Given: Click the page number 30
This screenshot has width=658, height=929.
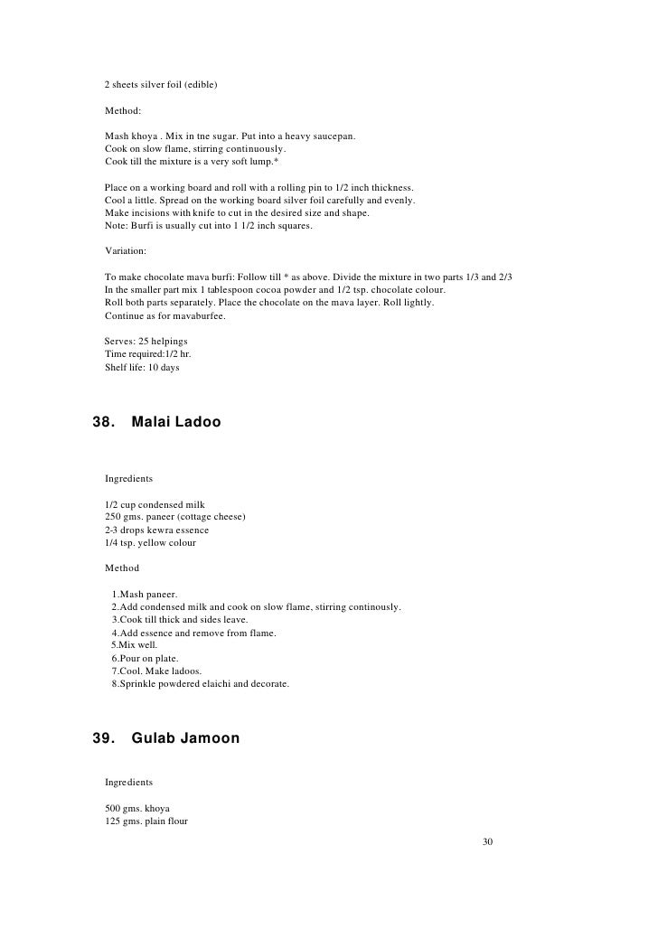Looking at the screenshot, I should point(488,841).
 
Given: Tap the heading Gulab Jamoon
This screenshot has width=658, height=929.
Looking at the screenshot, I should point(185,738).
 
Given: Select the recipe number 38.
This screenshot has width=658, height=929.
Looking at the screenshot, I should point(105,422).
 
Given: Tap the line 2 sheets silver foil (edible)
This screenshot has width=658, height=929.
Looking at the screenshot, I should point(161,85).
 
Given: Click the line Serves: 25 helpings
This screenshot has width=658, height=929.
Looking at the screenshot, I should point(146,342).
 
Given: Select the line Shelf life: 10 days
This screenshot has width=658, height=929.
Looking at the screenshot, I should point(142,367).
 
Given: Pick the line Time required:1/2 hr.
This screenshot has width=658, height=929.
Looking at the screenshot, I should point(148,354).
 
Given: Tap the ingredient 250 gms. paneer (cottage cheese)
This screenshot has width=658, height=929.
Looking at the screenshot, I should point(175,516).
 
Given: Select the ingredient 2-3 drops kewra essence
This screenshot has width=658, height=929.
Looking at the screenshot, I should point(156,530).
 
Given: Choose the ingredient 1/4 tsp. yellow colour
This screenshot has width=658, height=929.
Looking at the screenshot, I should point(150,542).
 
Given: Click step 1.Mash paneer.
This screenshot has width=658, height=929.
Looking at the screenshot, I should point(145,594).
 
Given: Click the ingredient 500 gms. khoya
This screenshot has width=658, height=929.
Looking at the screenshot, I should point(137,807).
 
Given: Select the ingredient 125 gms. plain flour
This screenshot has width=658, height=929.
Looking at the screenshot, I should point(146,821).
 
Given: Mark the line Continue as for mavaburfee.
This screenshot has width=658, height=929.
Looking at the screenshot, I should point(165,316).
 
